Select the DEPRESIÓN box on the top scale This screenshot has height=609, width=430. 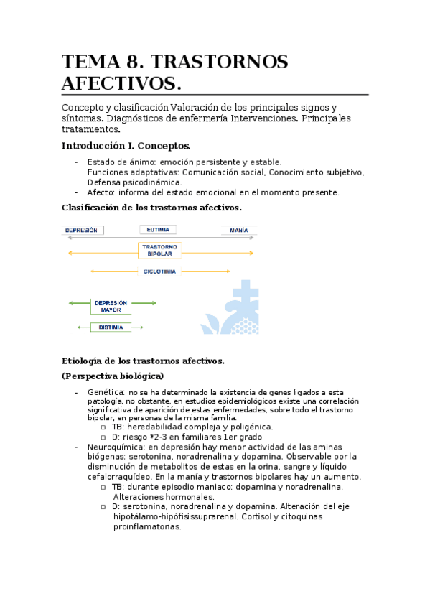[84, 231]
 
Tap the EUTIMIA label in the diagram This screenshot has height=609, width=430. [159, 231]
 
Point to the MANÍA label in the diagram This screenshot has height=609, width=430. [239, 231]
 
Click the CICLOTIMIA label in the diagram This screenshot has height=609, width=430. [159, 271]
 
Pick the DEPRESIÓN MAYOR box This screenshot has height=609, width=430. [111, 307]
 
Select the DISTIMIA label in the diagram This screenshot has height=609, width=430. [111, 327]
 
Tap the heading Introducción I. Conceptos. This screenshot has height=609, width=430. [126, 145]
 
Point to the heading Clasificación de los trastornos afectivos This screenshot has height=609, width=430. [151, 208]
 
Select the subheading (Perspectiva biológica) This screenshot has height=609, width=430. [113, 376]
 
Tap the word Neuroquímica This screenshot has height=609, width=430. [116, 446]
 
